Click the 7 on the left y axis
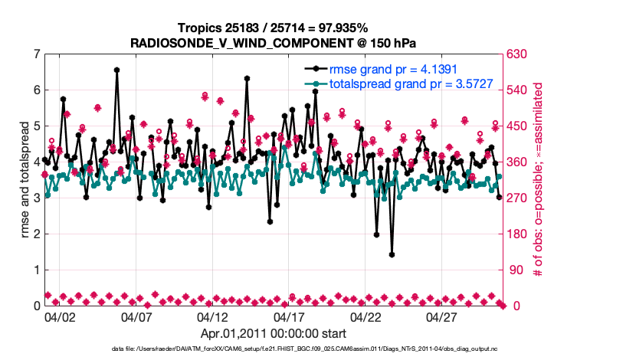[x=36, y=54]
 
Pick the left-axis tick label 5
[x=36, y=126]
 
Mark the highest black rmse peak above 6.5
[x=116, y=70]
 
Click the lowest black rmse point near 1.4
[x=392, y=254]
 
